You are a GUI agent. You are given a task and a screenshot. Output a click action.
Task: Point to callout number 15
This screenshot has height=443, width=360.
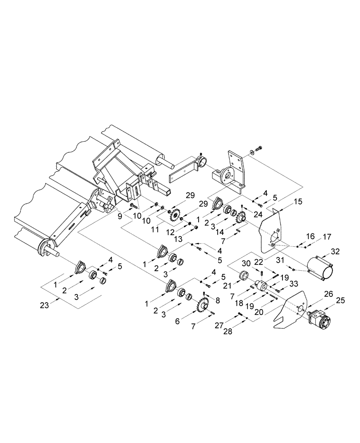click(x=298, y=202)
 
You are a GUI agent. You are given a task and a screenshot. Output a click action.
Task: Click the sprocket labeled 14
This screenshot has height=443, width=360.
click(x=242, y=217)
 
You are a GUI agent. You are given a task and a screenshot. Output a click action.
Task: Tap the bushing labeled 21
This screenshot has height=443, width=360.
click(x=245, y=276)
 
